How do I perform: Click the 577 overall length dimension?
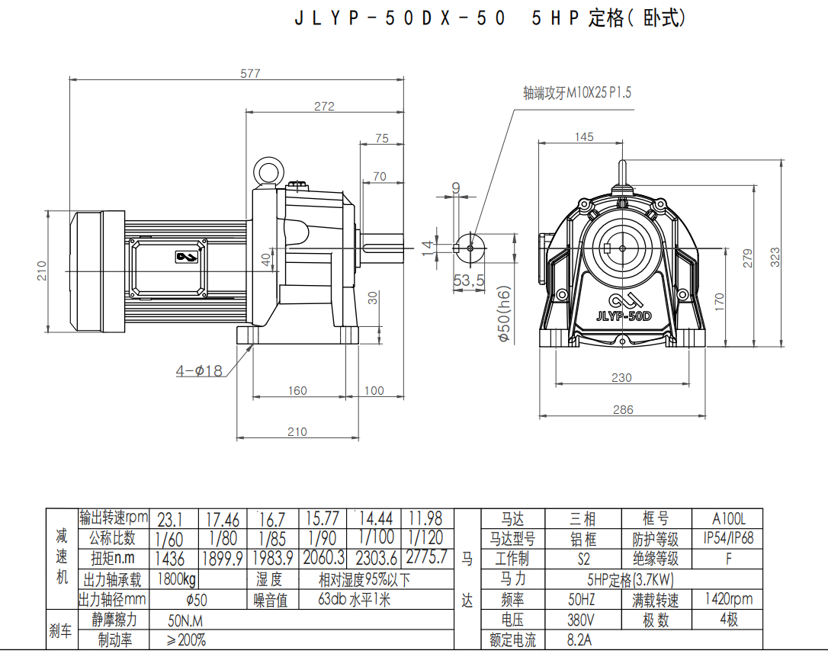pos(251,74)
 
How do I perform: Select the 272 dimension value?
pos(324,107)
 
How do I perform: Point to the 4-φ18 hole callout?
pos(199,371)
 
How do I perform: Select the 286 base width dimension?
pos(623,409)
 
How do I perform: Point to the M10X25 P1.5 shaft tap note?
pos(577,93)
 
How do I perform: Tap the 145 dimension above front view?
pos(584,137)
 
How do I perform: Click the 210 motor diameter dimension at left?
pos(42,271)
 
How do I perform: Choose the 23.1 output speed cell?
pos(170,520)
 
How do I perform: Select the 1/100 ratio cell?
pos(376,538)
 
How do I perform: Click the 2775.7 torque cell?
pos(427,557)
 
